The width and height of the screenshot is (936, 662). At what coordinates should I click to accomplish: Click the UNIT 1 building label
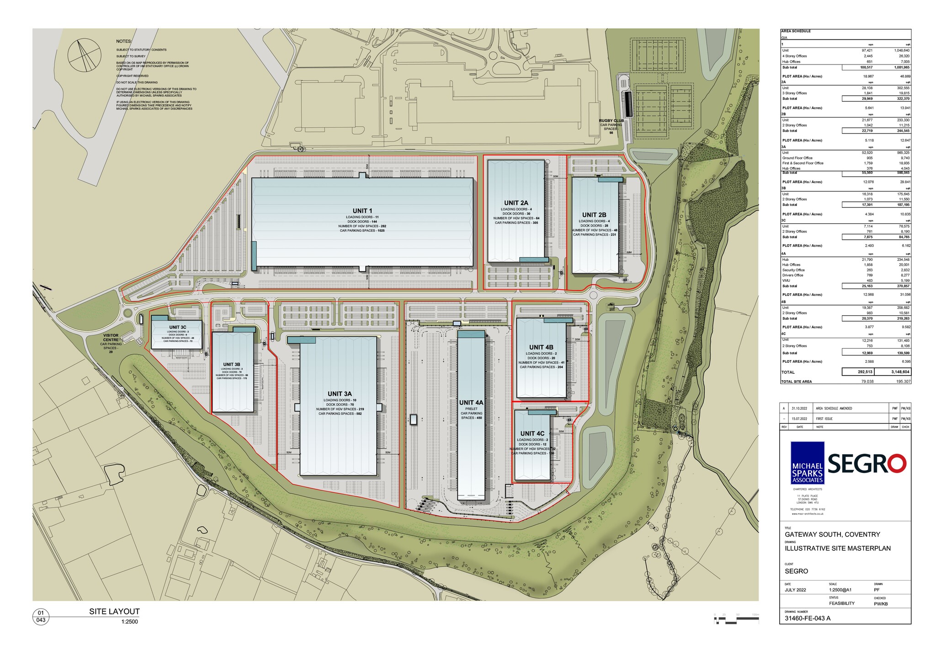click(362, 211)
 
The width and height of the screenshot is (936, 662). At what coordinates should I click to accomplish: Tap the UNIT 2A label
click(516, 203)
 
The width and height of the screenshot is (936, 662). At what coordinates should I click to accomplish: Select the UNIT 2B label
click(594, 215)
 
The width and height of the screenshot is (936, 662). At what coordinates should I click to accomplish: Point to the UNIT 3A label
click(340, 394)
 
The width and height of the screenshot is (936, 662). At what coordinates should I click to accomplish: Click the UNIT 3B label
click(232, 365)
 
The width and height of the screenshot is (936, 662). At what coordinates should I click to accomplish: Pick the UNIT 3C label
click(178, 327)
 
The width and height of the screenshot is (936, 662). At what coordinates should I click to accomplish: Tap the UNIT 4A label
click(471, 403)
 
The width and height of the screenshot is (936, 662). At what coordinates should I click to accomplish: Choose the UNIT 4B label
click(541, 348)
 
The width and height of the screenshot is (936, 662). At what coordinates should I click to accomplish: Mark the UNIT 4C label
click(532, 434)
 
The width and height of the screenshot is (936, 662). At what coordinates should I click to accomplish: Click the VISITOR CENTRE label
click(111, 338)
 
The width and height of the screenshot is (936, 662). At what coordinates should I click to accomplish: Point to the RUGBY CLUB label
click(611, 121)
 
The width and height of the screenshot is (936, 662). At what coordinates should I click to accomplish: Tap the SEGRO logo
click(867, 464)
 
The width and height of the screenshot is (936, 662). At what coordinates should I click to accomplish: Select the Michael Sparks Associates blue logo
click(807, 463)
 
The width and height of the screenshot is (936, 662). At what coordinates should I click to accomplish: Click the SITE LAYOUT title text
click(114, 611)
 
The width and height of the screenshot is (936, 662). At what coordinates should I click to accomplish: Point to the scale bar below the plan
click(736, 620)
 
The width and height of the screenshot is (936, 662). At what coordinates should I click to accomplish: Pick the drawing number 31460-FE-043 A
click(808, 618)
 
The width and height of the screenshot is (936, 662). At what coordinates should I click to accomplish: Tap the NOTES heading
click(124, 42)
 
